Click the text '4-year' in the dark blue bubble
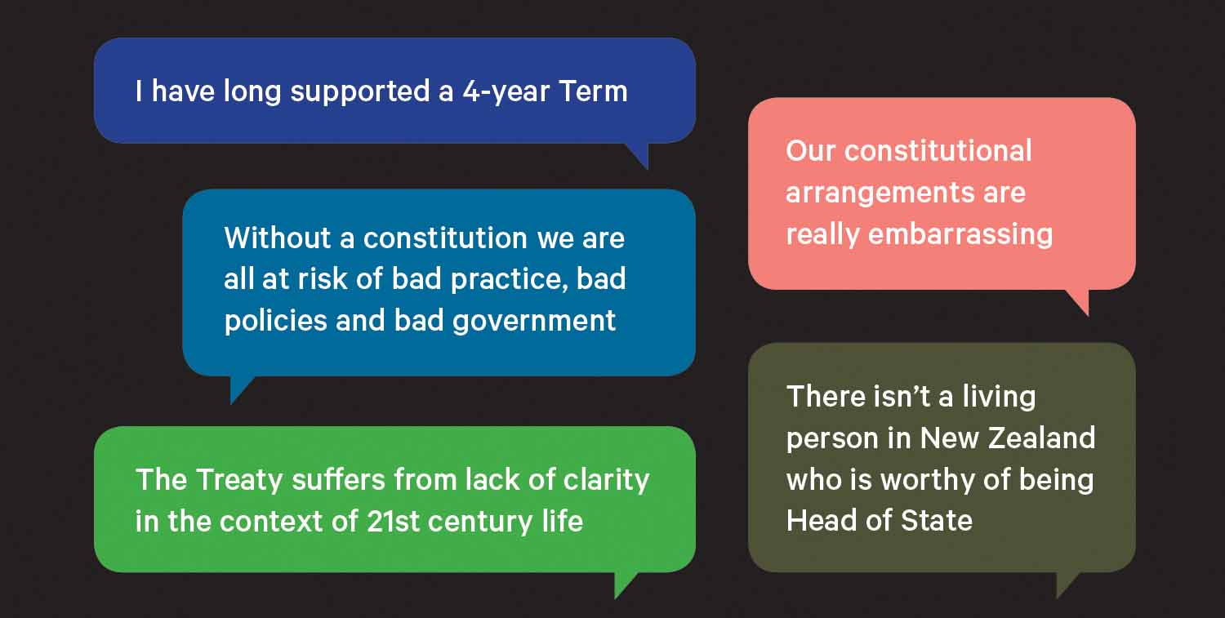[506, 92]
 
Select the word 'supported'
[360, 92]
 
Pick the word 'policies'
[276, 321]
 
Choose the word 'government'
[534, 322]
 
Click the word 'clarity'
[606, 481]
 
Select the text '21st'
[393, 521]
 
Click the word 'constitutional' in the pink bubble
[938, 150]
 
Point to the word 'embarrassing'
[960, 234]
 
